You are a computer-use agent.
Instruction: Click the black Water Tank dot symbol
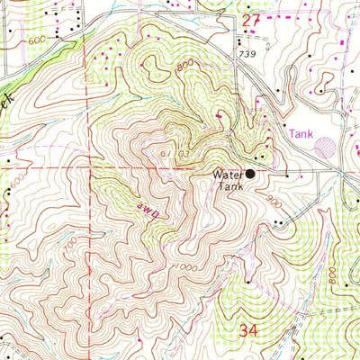251,174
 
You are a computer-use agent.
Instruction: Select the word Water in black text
227,175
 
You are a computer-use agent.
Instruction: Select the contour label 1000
186,267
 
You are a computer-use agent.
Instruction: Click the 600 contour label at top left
37,40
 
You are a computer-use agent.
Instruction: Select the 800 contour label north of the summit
185,66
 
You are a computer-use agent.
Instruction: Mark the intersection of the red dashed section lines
88,167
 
